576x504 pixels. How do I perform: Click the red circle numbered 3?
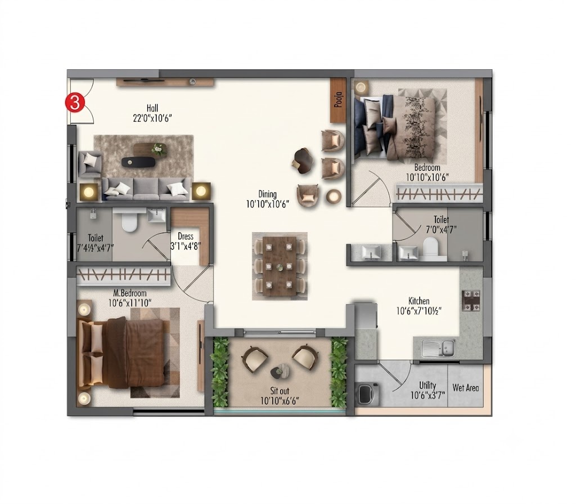click(75, 102)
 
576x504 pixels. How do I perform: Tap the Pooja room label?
click(338, 100)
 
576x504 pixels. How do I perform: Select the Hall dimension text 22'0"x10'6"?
click(152, 118)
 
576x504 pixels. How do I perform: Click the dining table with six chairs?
click(280, 266)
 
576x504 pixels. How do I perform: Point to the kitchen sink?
click(438, 347)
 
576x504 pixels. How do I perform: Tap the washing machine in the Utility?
click(367, 394)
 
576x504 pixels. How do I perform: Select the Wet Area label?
click(466, 388)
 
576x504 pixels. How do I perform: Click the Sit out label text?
click(280, 391)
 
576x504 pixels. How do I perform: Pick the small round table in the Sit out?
click(280, 371)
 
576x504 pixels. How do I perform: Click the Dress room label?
click(186, 236)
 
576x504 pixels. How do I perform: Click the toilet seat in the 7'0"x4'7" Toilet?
click(430, 246)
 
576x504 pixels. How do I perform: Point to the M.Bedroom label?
click(130, 293)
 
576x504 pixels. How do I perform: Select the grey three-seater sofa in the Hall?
click(147, 189)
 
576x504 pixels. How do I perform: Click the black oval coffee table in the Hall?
click(139, 161)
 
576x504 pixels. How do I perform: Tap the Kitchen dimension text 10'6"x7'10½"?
click(418, 311)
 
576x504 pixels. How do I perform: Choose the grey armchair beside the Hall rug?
click(89, 164)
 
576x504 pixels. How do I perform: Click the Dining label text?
click(267, 194)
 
